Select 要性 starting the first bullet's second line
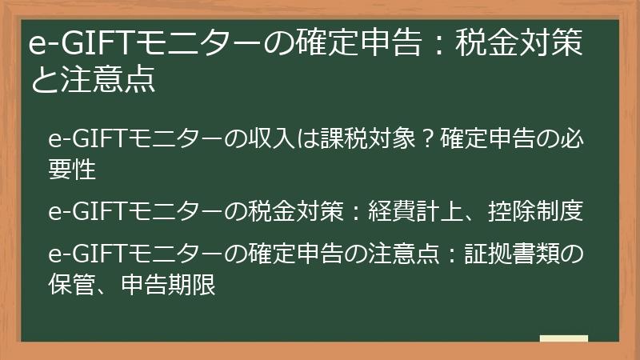pos(73,170)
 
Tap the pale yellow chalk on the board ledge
pos(563,338)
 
